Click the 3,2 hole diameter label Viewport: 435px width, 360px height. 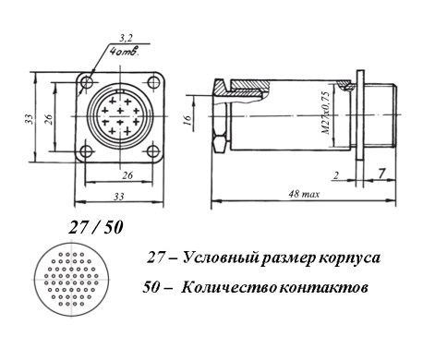point(126,38)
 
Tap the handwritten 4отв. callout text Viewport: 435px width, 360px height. point(125,50)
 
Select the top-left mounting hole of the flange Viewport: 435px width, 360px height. point(87,82)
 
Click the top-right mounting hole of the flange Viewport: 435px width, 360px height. point(153,82)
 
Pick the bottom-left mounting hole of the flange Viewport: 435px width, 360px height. point(86,151)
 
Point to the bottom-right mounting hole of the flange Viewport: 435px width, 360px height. point(152,151)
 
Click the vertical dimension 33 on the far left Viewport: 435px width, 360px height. point(29,119)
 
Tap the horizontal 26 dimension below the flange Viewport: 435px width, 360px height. point(127,175)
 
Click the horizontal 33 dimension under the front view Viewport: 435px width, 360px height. point(119,196)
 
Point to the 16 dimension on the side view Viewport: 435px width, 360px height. point(188,119)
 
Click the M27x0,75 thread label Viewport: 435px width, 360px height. point(326,113)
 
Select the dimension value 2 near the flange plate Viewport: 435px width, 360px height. point(336,175)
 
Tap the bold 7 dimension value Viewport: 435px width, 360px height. point(381,174)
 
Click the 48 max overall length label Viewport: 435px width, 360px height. point(304,194)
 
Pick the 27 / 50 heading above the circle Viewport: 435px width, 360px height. point(96,228)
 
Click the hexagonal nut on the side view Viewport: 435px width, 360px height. point(221,143)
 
